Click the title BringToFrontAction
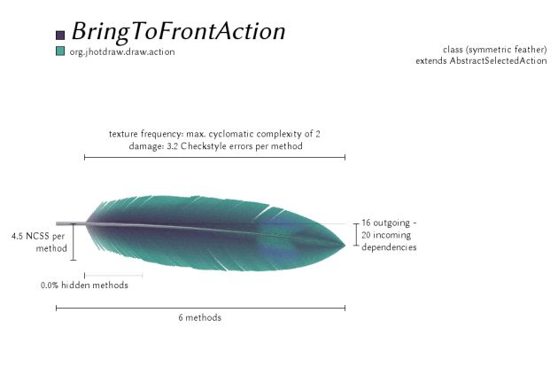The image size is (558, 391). tap(179, 32)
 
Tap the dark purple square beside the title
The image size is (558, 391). tap(60, 35)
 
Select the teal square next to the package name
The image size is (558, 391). tap(60, 51)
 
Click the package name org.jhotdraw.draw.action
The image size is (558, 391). tap(122, 52)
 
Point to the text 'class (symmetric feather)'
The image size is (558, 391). tap(494, 50)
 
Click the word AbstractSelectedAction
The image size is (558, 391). tap(498, 60)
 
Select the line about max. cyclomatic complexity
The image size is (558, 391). tap(214, 134)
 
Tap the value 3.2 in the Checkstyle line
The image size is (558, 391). tap(172, 146)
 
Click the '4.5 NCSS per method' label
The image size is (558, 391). tap(39, 242)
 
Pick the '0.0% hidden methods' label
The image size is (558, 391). tap(84, 285)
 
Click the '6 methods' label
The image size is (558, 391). tap(200, 317)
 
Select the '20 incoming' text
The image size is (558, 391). tap(386, 235)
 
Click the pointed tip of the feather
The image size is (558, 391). tap(345, 245)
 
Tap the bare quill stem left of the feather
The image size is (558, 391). tap(71, 223)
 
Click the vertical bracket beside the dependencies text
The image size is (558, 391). tap(356, 234)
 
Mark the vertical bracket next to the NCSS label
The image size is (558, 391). tap(74, 242)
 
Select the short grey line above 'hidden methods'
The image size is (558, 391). tap(113, 275)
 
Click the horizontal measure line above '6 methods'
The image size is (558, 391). tap(201, 308)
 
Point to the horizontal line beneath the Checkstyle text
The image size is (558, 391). tap(214, 157)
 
